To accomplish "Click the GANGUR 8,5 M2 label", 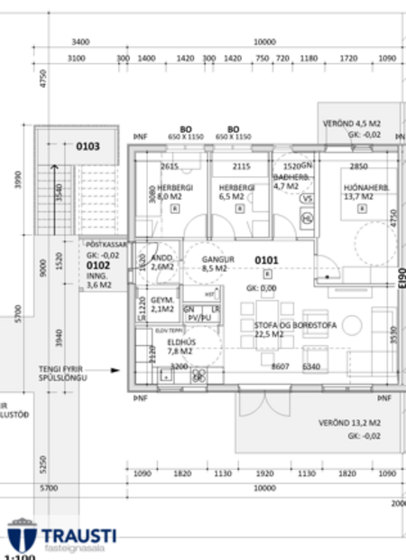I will point(218,264).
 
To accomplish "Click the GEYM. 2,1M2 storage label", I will point(161,305).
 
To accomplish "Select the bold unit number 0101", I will point(267,260).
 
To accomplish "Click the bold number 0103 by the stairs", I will point(88,145).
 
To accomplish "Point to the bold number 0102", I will point(97,266).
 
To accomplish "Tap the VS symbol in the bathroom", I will point(307,199).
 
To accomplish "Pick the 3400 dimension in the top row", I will point(80,42).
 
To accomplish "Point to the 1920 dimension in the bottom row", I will point(264,472).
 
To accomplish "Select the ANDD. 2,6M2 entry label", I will point(161,263).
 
